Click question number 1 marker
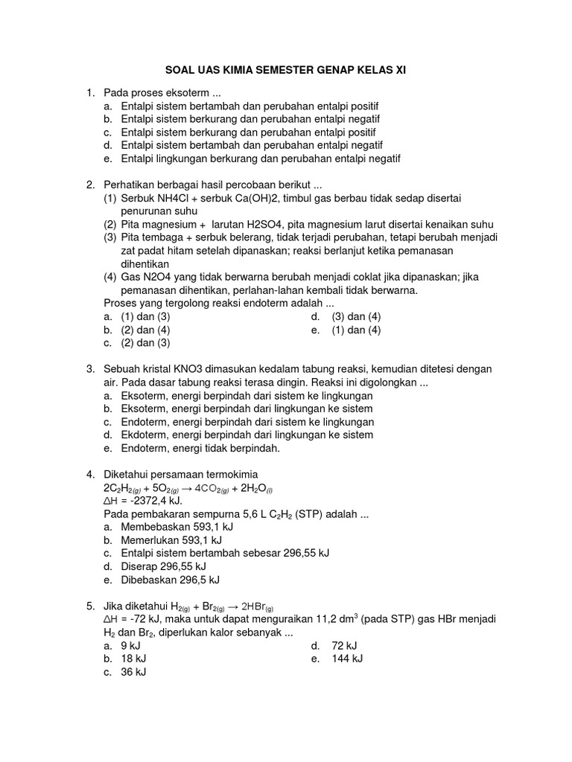pyautogui.click(x=90, y=93)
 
